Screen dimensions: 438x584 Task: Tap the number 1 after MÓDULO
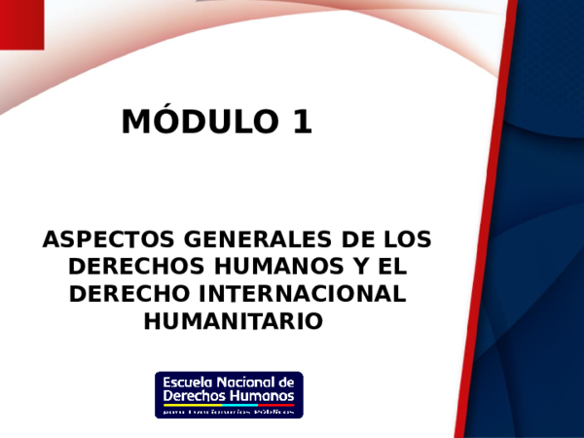301,122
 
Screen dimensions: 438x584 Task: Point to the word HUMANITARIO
232,319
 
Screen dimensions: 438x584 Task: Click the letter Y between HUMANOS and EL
347,267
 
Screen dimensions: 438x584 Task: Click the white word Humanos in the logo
262,396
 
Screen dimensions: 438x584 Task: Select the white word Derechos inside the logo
195,396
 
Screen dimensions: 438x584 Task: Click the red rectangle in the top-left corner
20,23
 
